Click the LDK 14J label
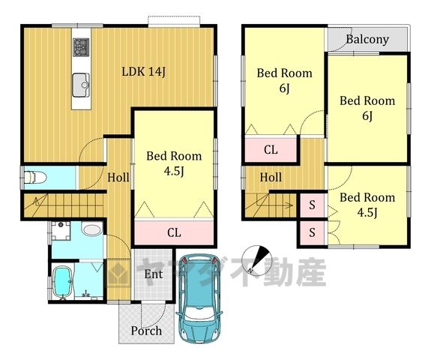[x=143, y=72]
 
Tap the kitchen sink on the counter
[x=81, y=85]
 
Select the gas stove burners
[x=81, y=47]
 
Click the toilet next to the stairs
[x=35, y=178]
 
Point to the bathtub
[x=63, y=282]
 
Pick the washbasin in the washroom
[x=91, y=229]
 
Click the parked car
[x=199, y=298]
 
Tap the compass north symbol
[x=256, y=260]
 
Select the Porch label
[x=146, y=331]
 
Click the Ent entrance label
[x=154, y=274]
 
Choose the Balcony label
[x=367, y=39]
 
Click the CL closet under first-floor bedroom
[x=174, y=232]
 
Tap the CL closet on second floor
[x=271, y=149]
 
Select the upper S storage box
[x=312, y=205]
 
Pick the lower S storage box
[x=312, y=232]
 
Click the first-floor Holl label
[x=118, y=178]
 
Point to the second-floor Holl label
[x=271, y=178]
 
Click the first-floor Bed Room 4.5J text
[x=174, y=163]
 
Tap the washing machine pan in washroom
[x=61, y=230]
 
